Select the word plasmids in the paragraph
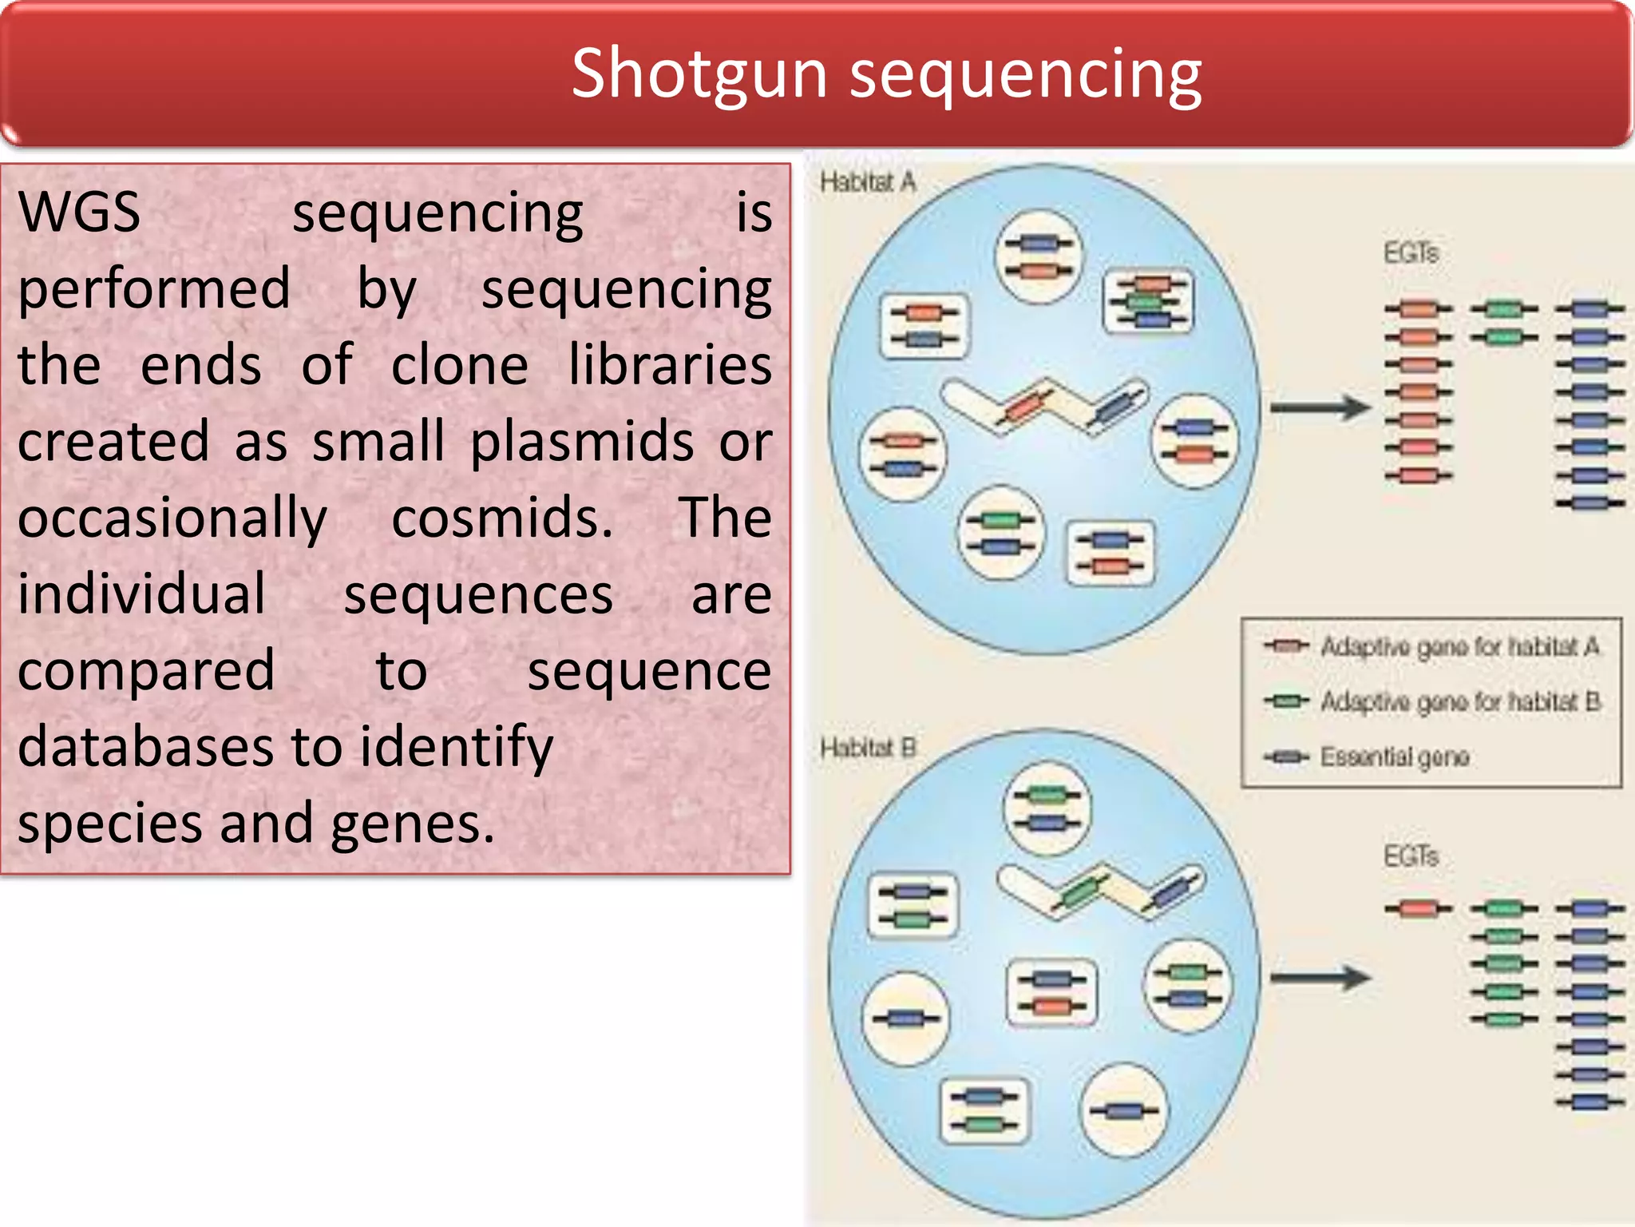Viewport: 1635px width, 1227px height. [x=582, y=443]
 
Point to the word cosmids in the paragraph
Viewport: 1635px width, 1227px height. [x=502, y=518]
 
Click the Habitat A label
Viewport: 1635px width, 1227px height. [x=867, y=182]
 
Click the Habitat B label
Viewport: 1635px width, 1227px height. [x=867, y=748]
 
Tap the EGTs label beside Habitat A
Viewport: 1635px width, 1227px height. [x=1411, y=253]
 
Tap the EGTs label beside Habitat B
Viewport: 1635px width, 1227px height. [x=1411, y=856]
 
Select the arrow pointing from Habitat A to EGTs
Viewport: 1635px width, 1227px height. [x=1319, y=408]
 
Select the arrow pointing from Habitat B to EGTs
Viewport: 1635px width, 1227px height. [x=1319, y=977]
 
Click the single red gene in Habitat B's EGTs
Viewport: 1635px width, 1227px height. [x=1418, y=908]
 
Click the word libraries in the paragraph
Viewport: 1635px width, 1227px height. [x=670, y=366]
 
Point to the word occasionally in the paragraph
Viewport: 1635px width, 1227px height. [x=172, y=518]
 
